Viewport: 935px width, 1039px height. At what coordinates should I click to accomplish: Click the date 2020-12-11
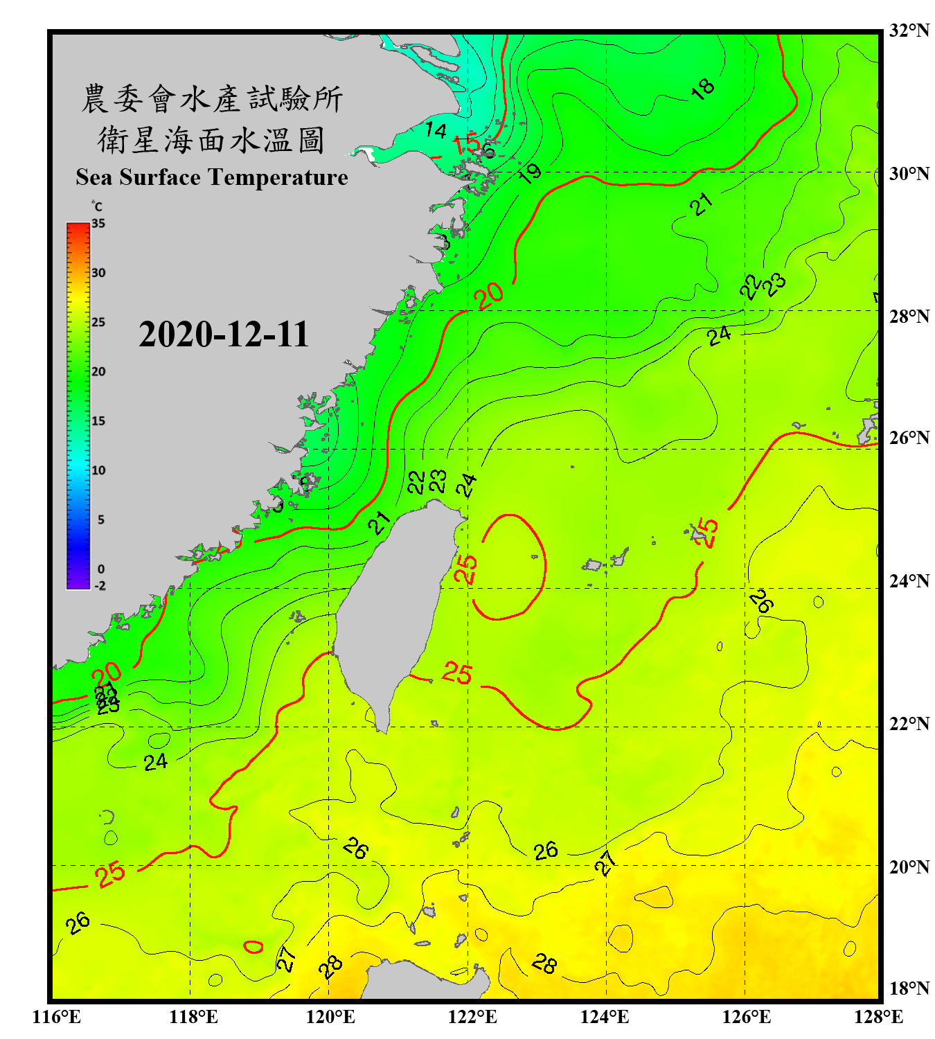pos(223,335)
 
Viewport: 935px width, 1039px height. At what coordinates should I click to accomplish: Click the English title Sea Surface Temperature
pos(212,177)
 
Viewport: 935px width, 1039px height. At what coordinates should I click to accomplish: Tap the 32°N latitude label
pos(909,30)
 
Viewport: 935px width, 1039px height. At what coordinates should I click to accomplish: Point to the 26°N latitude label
pos(909,438)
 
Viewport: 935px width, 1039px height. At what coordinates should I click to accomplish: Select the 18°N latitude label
pos(909,988)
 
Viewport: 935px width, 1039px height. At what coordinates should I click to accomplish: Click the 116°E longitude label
pos(57,1017)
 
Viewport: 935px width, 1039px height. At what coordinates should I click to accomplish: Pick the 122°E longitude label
pos(472,1017)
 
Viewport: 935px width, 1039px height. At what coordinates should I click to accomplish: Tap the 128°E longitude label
pos(878,1017)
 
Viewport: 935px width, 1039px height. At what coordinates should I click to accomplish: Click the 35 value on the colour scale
pos(98,224)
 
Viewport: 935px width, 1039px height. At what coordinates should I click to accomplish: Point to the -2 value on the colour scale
pos(100,586)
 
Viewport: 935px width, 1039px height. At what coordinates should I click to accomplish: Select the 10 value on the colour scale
pos(98,471)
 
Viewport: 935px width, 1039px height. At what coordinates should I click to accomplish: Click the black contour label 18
pos(702,89)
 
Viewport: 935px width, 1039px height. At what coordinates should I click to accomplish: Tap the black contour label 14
pos(436,130)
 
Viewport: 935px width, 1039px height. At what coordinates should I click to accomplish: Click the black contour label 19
pos(530,173)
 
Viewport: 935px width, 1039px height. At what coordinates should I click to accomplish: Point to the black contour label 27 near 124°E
pos(605,863)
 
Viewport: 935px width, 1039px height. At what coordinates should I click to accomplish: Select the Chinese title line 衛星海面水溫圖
pos(211,141)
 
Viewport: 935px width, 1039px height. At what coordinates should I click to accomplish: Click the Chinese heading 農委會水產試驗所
pos(211,99)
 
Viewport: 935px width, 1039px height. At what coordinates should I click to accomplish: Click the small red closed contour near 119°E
pos(253,946)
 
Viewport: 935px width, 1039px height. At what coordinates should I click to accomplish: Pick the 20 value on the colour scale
pos(98,372)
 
